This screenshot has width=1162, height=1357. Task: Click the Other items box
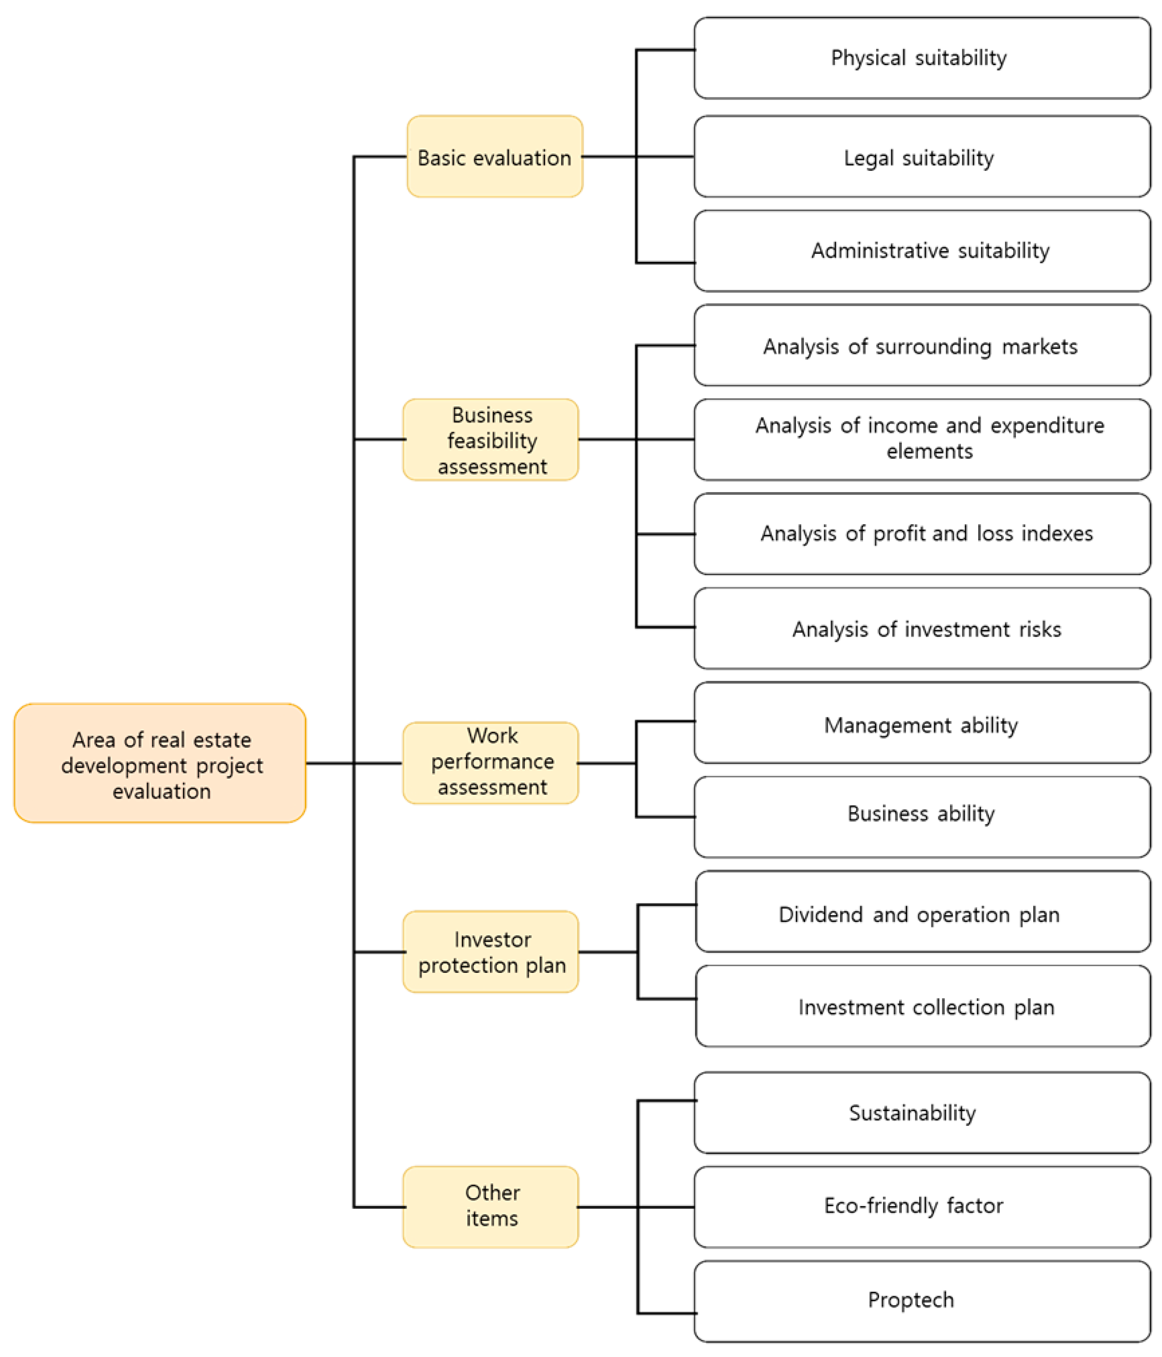tap(491, 1207)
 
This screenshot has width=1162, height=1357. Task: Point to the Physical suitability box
tap(922, 58)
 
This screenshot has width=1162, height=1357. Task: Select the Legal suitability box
tap(922, 157)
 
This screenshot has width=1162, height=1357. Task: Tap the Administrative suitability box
tap(922, 251)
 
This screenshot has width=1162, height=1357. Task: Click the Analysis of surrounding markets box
tap(922, 346)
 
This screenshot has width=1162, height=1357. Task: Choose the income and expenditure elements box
tap(922, 439)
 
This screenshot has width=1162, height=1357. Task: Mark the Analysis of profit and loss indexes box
tap(922, 534)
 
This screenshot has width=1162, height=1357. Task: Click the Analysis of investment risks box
tap(922, 629)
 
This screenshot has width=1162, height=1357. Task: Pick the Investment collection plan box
tap(922, 1007)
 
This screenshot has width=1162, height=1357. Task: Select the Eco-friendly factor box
tap(922, 1207)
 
